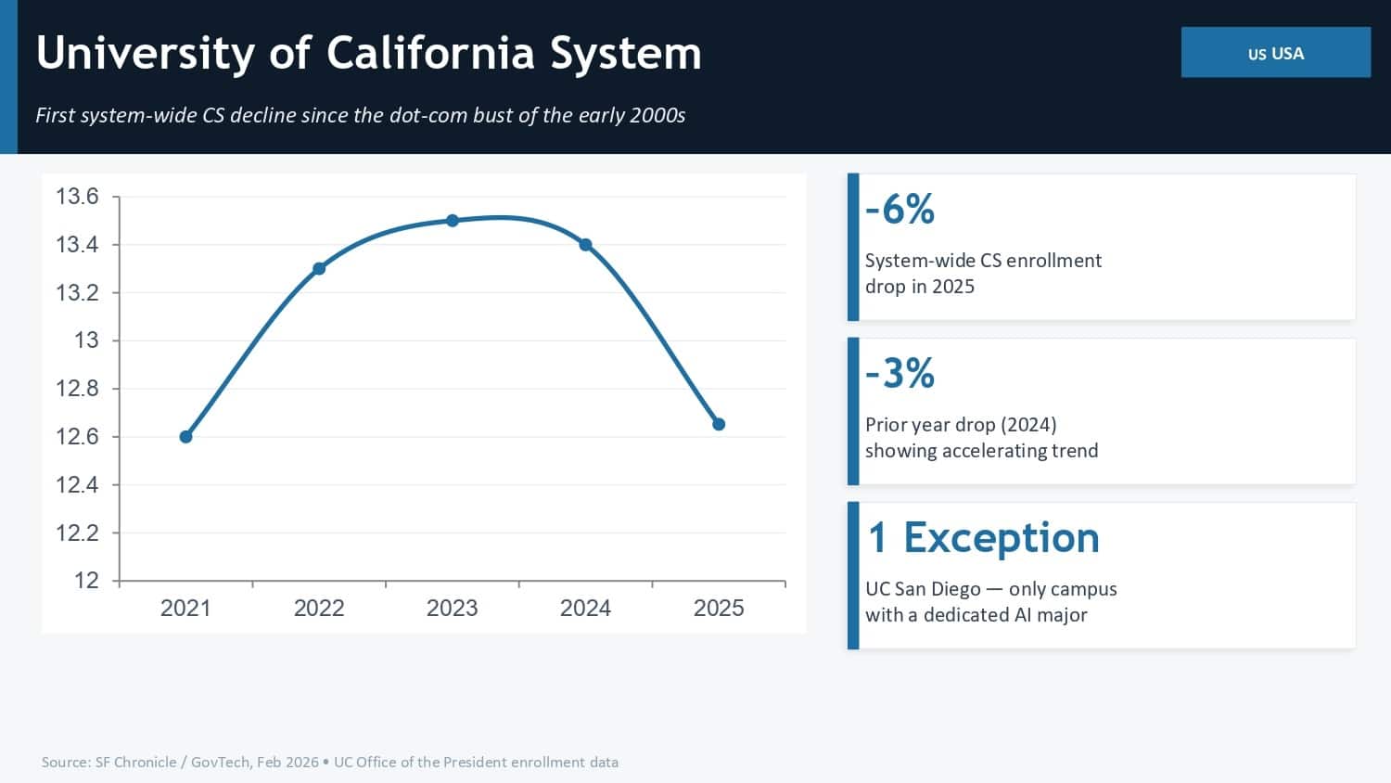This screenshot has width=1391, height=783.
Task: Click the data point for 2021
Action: (185, 437)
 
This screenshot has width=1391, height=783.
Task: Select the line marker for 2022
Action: (319, 269)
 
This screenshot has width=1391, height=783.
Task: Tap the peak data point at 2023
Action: (453, 221)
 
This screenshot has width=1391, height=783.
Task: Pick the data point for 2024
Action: (585, 245)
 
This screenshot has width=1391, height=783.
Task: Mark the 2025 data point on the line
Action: (719, 424)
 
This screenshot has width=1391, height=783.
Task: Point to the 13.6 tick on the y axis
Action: (77, 197)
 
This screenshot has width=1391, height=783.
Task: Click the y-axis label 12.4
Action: (77, 484)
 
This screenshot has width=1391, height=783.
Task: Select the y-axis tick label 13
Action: (86, 340)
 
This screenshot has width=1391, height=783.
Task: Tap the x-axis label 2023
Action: (452, 608)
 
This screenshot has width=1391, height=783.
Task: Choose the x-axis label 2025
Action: (719, 608)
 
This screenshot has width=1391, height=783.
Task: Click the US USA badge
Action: (1275, 53)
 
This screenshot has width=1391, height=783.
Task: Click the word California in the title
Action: (430, 53)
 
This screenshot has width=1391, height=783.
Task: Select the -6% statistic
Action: (900, 209)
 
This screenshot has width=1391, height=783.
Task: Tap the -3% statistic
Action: (900, 373)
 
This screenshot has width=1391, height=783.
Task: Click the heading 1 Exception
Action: (983, 537)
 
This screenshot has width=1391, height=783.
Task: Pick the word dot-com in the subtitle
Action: (432, 115)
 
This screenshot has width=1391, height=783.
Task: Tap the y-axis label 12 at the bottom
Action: (86, 581)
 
